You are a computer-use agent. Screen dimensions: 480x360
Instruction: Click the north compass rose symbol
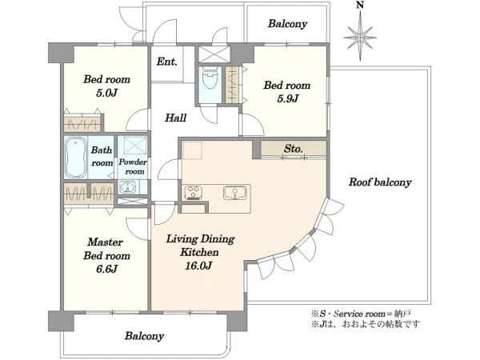coord(360,38)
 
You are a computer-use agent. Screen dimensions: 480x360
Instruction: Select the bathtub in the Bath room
coord(75,157)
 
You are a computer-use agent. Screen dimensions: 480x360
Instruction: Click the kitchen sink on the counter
coord(235,193)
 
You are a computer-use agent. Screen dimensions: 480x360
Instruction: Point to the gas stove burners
coord(194,193)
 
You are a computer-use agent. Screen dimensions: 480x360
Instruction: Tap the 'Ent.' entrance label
coord(167,62)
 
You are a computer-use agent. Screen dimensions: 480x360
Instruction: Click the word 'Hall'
coord(176,118)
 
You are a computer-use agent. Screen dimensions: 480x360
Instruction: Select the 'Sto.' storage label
coord(294,149)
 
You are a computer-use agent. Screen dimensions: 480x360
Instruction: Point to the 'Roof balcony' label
coord(380,182)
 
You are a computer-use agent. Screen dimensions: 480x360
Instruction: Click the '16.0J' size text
coord(198,266)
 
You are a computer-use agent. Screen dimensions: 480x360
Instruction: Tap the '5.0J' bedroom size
coord(106,93)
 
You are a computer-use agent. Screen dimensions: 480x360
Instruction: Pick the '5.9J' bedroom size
coord(287,98)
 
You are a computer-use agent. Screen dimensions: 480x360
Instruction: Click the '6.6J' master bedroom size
coord(106,269)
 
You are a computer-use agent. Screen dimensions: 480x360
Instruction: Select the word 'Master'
coord(106,242)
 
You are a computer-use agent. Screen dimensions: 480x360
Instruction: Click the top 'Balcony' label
coord(287,23)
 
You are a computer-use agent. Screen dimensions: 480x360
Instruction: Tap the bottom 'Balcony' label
coord(145,336)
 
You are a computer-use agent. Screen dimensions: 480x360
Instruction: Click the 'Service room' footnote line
coord(362,314)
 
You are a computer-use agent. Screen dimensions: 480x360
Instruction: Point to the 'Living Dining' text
coord(200,238)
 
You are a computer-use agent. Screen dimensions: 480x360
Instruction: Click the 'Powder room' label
coord(133,166)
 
